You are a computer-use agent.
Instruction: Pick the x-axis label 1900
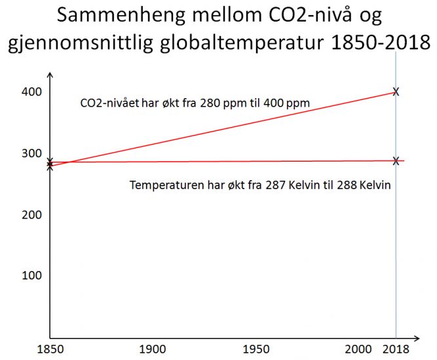point(153,350)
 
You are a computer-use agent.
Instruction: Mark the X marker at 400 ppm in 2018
point(395,92)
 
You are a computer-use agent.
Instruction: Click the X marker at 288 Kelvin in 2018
point(396,161)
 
